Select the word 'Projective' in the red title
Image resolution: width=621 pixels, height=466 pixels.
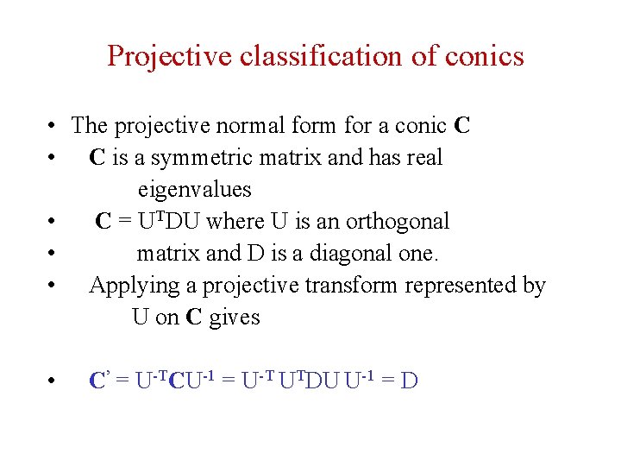[x=170, y=56]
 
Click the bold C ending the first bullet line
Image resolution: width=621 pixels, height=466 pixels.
[x=461, y=126]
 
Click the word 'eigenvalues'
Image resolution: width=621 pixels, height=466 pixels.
[x=194, y=190]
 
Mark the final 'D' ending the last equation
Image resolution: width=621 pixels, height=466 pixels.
[x=410, y=381]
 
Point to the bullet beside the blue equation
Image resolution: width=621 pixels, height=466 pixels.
[x=53, y=381]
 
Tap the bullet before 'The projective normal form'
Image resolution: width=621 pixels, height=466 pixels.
[x=53, y=127]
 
